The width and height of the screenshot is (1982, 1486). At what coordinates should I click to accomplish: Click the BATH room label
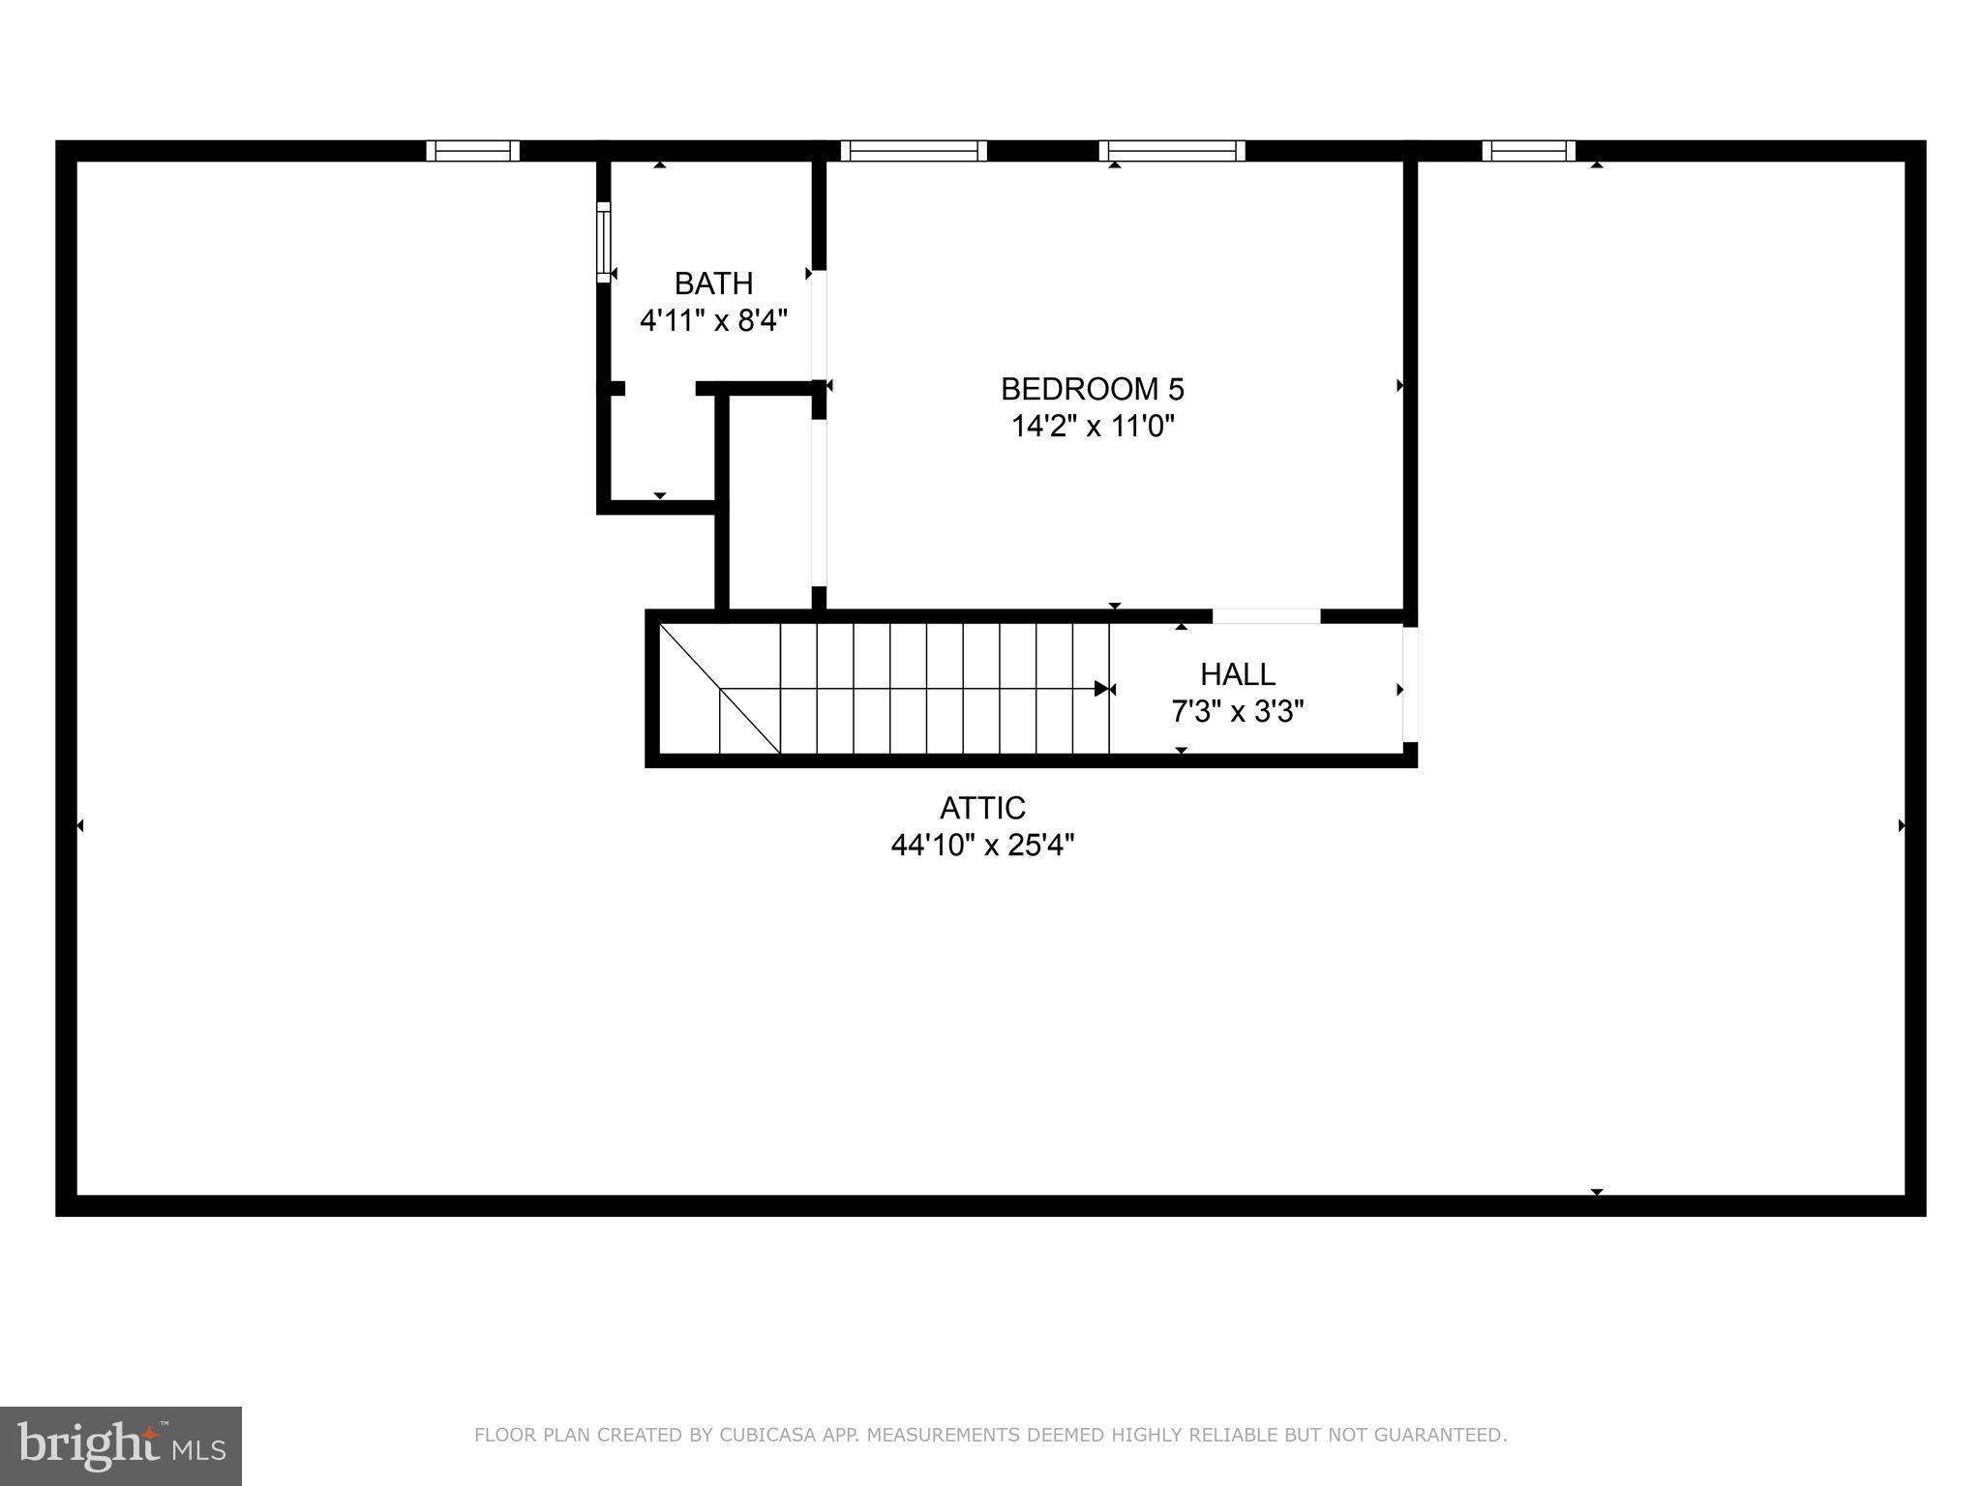pyautogui.click(x=713, y=283)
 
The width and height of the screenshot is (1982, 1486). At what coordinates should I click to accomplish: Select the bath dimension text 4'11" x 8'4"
pyautogui.click(x=713, y=320)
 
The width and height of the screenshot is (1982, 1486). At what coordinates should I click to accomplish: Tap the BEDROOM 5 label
pyautogui.click(x=1092, y=389)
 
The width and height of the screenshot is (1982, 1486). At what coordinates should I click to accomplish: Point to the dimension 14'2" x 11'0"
pyautogui.click(x=1093, y=426)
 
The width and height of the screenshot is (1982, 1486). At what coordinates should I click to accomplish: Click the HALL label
pyautogui.click(x=1238, y=674)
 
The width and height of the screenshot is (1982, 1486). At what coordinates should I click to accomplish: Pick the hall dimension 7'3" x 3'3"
pyautogui.click(x=1238, y=712)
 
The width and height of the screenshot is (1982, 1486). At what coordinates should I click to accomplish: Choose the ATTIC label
pyautogui.click(x=982, y=808)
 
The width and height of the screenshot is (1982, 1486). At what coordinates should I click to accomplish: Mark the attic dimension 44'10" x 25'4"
pyautogui.click(x=982, y=846)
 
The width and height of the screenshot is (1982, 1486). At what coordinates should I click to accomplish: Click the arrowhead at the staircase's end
pyautogui.click(x=1101, y=689)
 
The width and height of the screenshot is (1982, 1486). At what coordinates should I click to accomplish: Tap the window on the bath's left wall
pyautogui.click(x=604, y=242)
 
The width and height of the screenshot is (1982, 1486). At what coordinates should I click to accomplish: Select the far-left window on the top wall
pyautogui.click(x=473, y=151)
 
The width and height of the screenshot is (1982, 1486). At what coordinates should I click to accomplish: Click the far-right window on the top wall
pyautogui.click(x=1528, y=151)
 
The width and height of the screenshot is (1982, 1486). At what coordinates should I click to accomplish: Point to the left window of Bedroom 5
pyautogui.click(x=913, y=151)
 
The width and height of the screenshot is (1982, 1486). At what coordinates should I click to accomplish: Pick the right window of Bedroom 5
pyautogui.click(x=1171, y=151)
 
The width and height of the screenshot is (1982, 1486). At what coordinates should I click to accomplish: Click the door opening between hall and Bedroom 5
pyautogui.click(x=1266, y=616)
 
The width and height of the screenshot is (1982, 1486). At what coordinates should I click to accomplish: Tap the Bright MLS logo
pyautogui.click(x=121, y=1445)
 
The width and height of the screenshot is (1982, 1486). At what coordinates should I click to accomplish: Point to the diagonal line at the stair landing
pyautogui.click(x=720, y=690)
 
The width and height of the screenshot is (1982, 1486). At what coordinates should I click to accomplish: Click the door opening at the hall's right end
pyautogui.click(x=1410, y=684)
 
